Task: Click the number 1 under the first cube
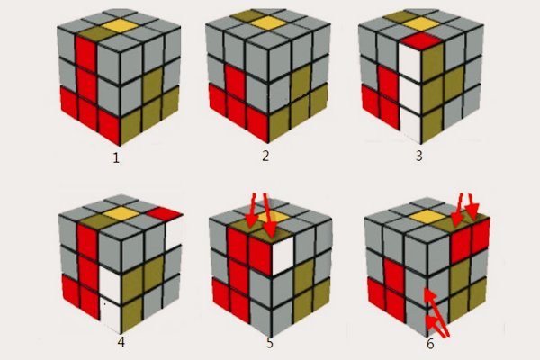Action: [116, 157]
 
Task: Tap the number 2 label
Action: [265, 156]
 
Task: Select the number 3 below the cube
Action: [418, 156]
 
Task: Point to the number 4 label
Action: [121, 342]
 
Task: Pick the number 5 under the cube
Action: [270, 343]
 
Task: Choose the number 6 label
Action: [430, 344]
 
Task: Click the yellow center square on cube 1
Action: [120, 26]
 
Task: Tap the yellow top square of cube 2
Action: [268, 22]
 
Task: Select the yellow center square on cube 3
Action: [420, 23]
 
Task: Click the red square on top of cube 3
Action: [421, 40]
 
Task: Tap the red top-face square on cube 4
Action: [165, 213]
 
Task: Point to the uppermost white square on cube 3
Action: [410, 63]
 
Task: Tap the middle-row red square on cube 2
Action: [235, 81]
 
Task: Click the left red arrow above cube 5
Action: [252, 211]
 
